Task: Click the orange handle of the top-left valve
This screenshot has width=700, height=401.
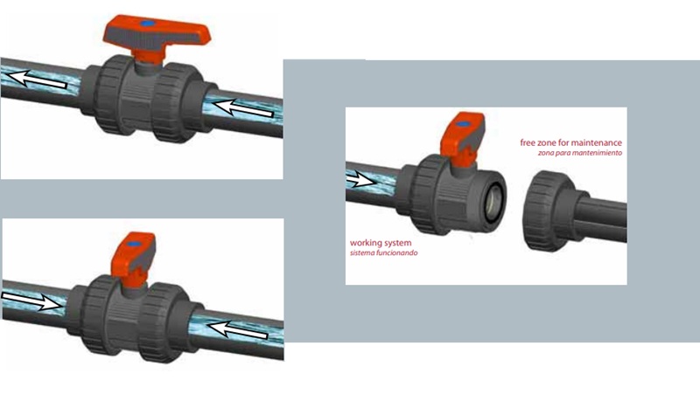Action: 157,33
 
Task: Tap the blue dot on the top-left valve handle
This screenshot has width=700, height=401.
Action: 148,23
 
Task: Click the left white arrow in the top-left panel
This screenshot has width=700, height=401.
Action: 38,80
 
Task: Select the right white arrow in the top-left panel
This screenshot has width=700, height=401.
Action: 242,108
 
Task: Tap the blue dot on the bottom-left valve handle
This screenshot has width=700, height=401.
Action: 133,244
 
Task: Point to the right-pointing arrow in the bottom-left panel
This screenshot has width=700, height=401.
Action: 32,301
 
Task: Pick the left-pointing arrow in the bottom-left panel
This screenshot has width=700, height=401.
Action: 238,329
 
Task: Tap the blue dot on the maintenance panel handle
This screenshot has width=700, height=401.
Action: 464,124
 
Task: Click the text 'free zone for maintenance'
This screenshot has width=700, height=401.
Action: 570,142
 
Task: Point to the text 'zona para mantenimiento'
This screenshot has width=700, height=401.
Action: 579,153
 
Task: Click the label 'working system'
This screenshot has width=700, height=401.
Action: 381,243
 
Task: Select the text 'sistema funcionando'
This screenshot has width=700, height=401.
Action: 383,252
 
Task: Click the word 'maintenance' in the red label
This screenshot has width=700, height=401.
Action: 596,142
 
